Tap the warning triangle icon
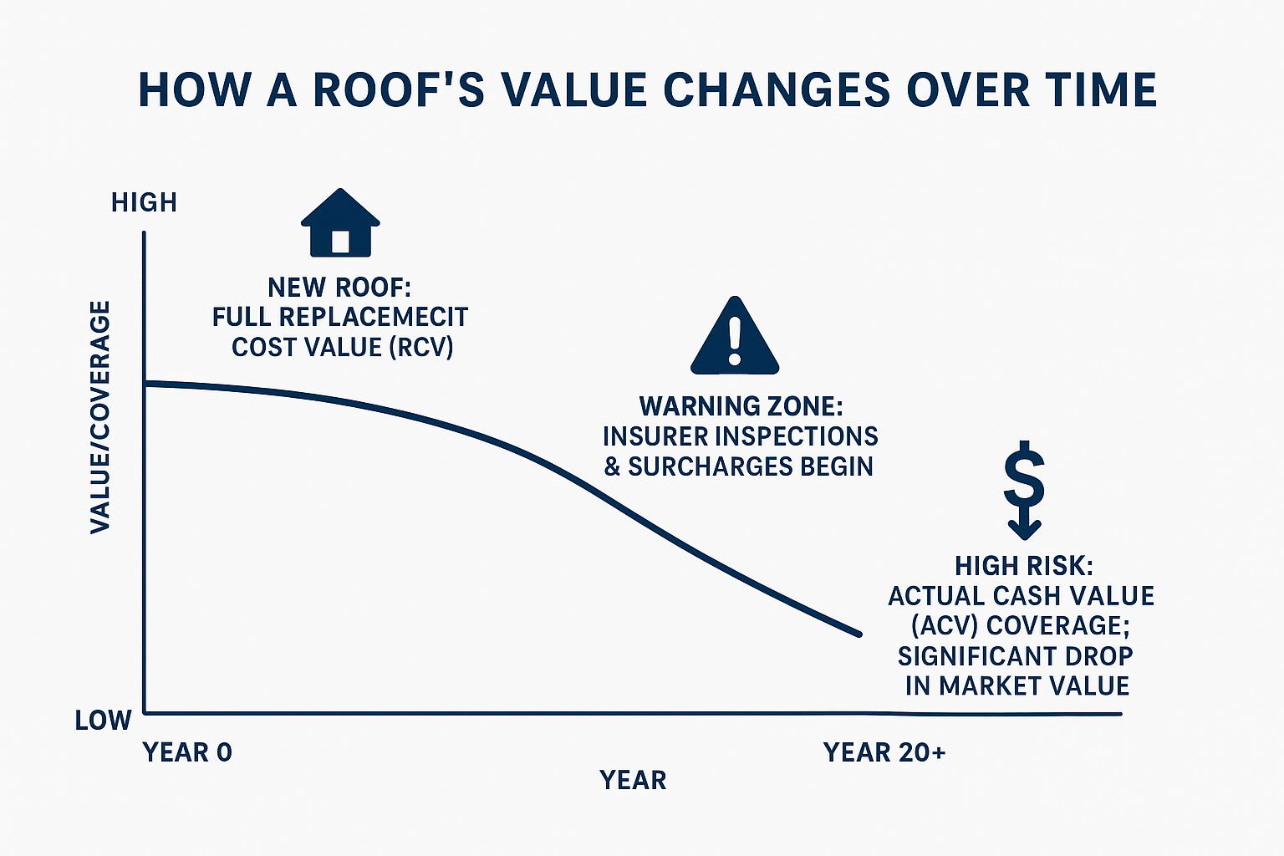735,337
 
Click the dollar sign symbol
1024,476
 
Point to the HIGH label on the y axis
144,202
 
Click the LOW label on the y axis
104,720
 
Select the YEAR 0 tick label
187,752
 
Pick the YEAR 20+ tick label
884,752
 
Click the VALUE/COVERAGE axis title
100,417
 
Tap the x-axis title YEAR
633,780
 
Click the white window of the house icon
340,241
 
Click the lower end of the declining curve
858,634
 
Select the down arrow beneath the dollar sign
1024,527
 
